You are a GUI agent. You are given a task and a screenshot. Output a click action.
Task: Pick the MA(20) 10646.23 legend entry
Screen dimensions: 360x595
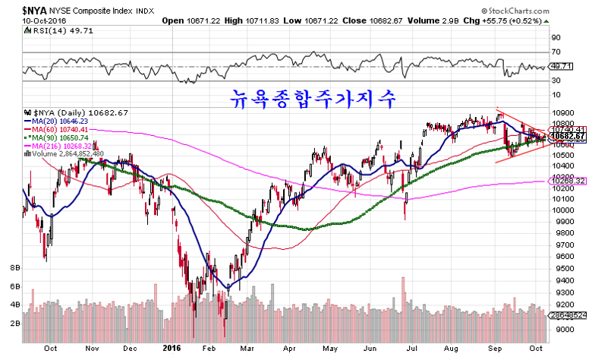pos(58,120)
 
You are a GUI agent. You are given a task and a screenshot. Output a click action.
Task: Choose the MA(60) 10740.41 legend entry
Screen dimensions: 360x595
pos(58,128)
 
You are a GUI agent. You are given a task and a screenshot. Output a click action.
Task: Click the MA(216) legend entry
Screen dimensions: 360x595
pos(59,145)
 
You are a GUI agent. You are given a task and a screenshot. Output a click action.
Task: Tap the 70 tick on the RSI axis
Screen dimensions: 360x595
pos(556,52)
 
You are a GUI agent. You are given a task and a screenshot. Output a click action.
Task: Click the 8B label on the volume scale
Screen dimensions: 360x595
pos(14,269)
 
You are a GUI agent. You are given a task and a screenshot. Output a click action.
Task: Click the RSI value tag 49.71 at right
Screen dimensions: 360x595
pos(559,66)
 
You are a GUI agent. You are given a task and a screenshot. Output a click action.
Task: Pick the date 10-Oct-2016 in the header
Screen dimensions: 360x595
pos(44,21)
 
